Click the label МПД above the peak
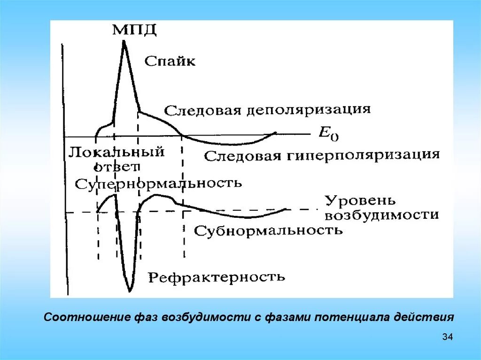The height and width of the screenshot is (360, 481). coord(134,30)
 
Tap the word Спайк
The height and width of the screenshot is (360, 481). coord(170,61)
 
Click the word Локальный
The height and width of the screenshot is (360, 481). coord(116,153)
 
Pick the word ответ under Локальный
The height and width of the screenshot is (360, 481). coord(116,167)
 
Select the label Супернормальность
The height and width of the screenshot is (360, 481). coord(158,183)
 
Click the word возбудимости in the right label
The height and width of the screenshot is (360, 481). coord(381,215)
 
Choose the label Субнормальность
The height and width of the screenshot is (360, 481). coord(268,231)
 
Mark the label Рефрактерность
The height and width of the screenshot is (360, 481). coord(217,277)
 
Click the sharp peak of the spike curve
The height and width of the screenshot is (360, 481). coord(124,42)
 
